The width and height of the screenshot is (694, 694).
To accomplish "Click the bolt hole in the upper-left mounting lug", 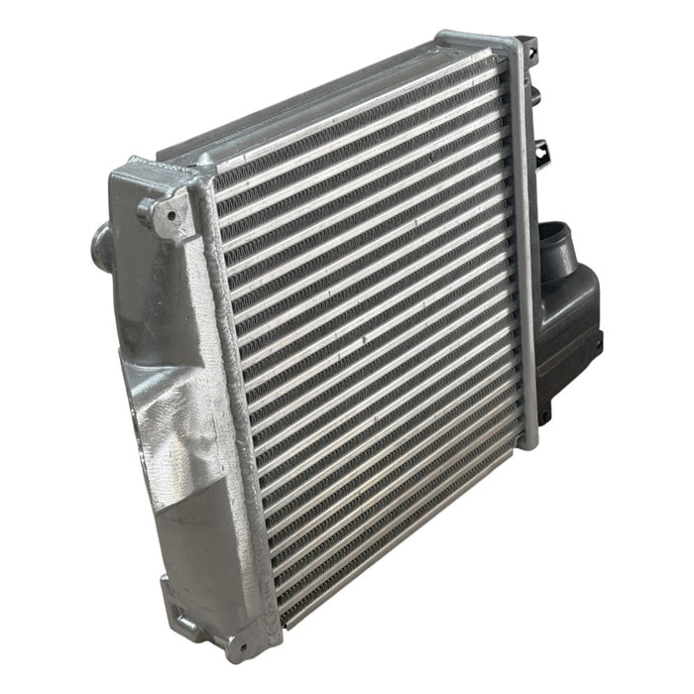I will (158, 210).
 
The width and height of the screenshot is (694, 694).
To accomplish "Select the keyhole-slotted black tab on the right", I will (541, 152).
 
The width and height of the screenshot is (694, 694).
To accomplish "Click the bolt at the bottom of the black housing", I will (599, 344).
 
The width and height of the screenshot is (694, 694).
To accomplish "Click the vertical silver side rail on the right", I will (522, 228).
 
